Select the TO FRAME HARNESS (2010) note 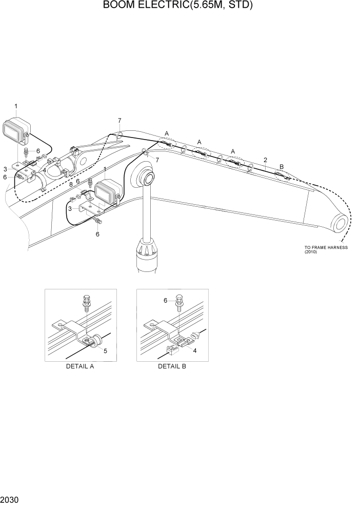click(x=326, y=250)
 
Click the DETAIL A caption click(x=79, y=366)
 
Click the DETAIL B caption click(x=172, y=366)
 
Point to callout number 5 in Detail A click(x=105, y=351)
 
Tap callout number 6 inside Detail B click(x=166, y=301)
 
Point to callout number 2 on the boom click(x=265, y=160)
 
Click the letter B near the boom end click(x=281, y=166)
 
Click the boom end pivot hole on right click(x=340, y=224)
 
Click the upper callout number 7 click(x=119, y=121)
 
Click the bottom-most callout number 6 click(x=97, y=234)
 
